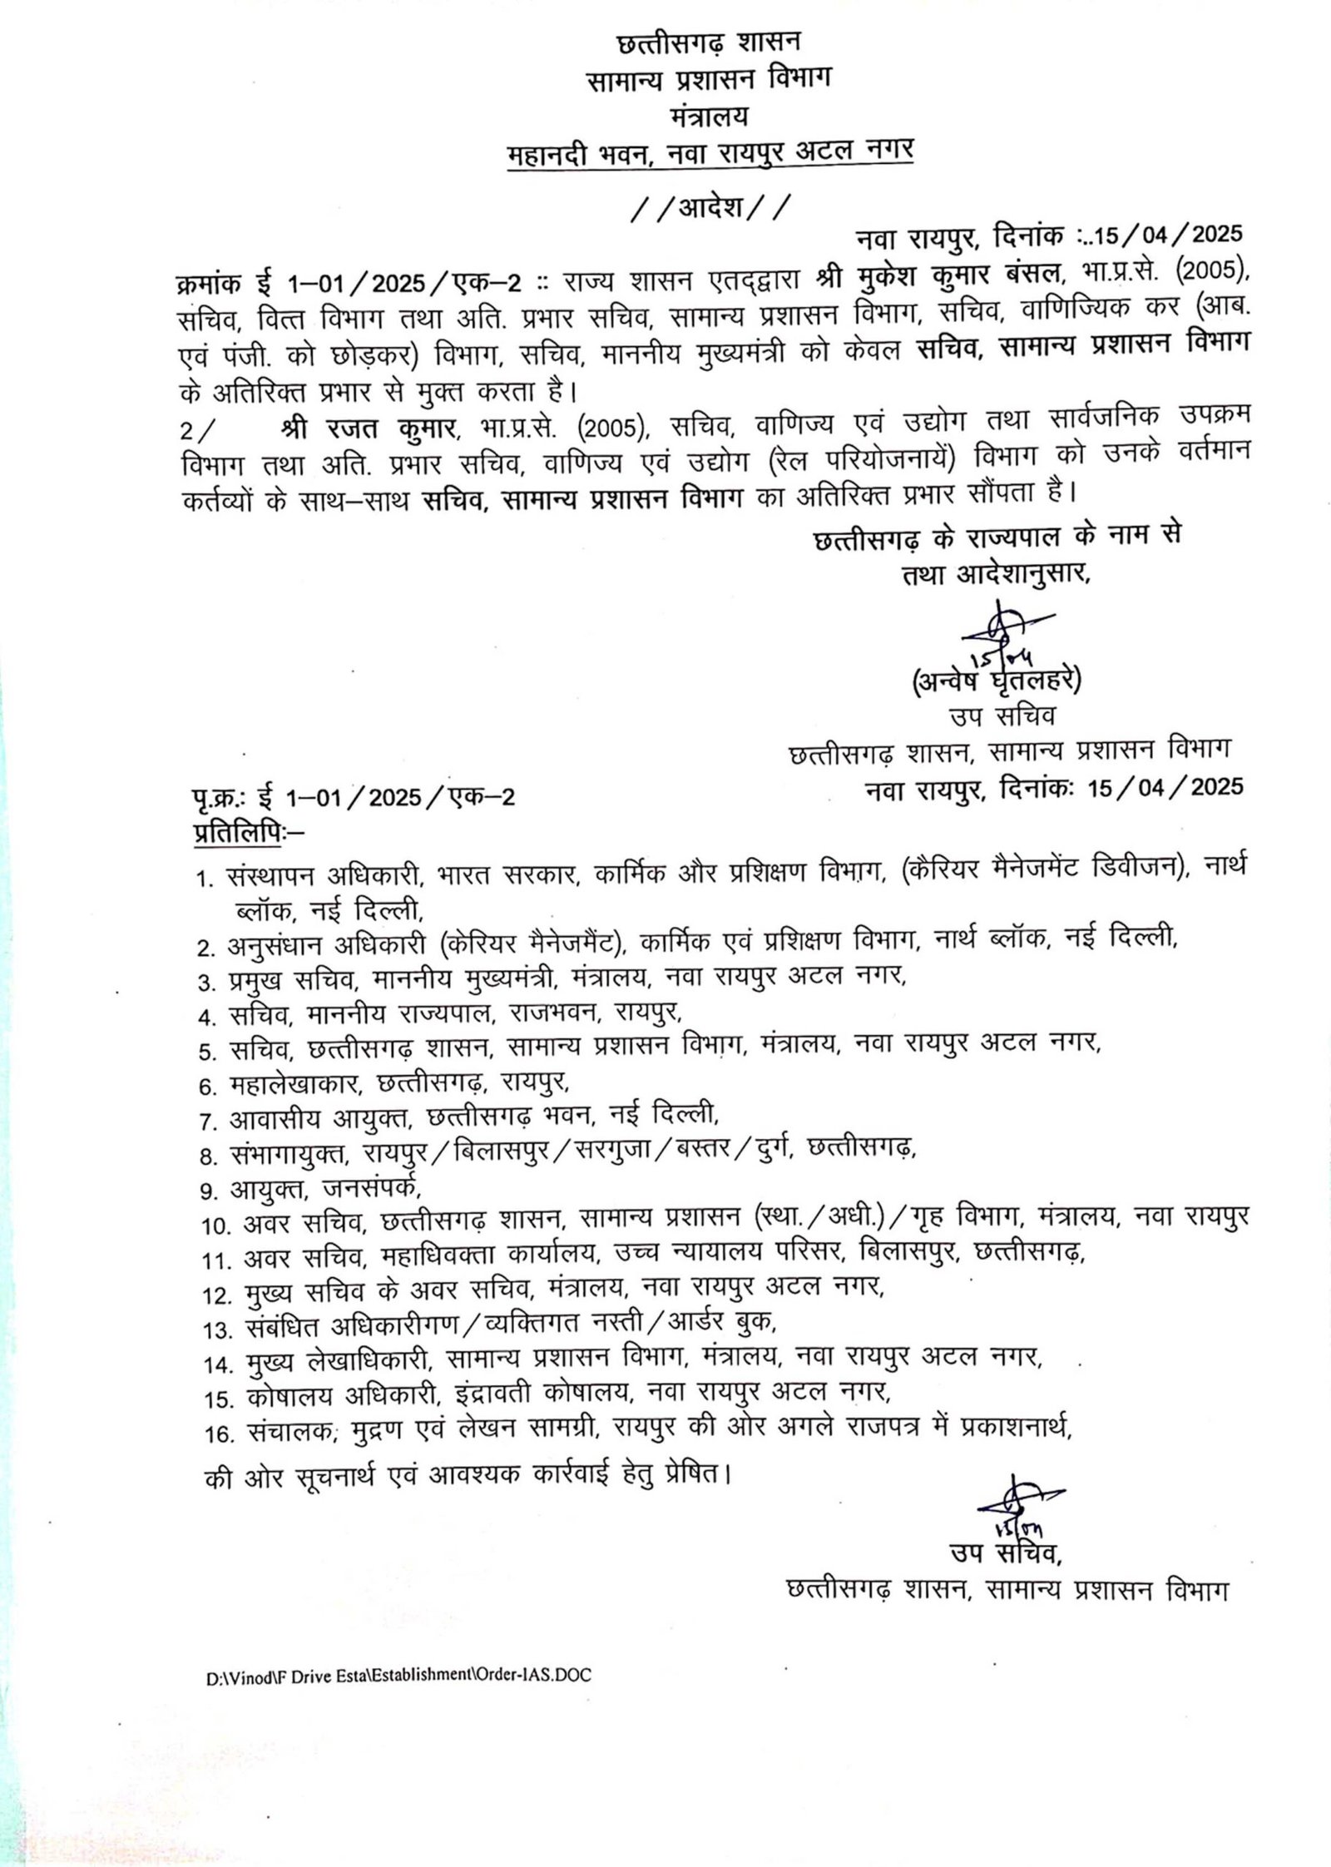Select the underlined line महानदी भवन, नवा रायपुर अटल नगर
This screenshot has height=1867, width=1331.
[x=710, y=153]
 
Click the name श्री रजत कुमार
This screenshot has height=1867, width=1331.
[x=370, y=428]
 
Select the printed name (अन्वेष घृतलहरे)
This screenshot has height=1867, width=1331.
[x=997, y=681]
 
